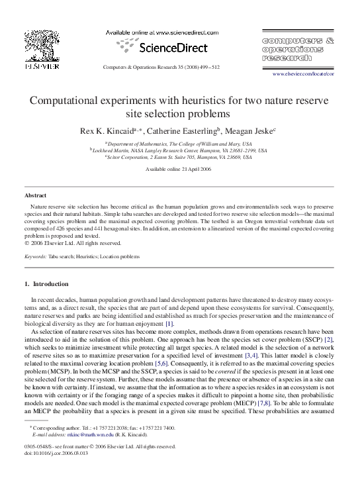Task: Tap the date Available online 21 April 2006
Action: (x=179, y=170)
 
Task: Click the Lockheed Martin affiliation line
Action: (x=179, y=150)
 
